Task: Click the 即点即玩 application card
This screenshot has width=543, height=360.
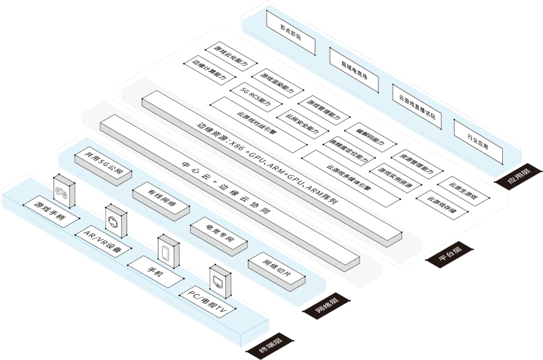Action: tap(290, 33)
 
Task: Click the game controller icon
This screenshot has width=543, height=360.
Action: tap(64, 192)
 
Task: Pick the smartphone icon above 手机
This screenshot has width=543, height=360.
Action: tap(168, 252)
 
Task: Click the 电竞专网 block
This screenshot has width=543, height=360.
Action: tap(218, 234)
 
